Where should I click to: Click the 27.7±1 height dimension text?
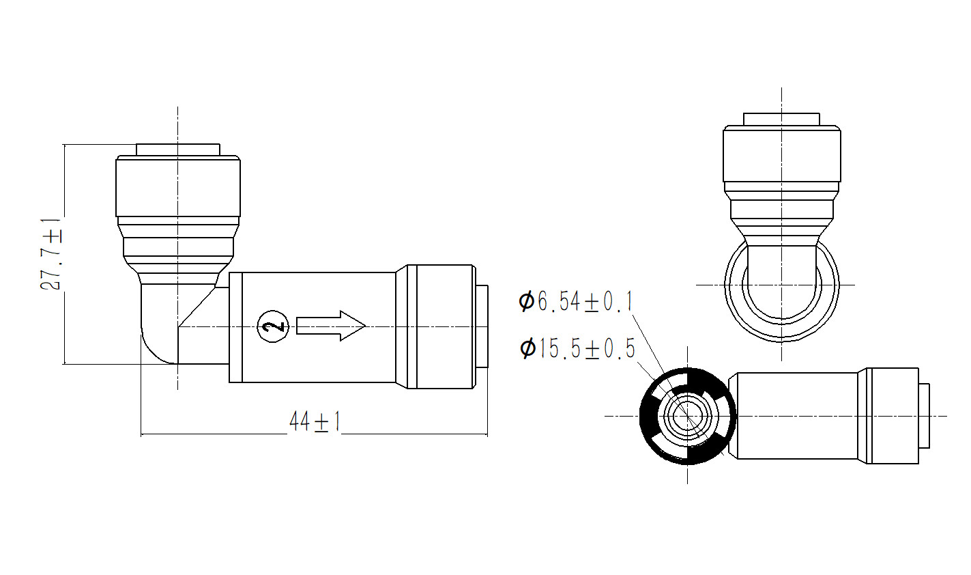coord(50,253)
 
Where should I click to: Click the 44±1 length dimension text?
coord(315,421)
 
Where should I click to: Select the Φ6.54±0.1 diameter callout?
coord(576,302)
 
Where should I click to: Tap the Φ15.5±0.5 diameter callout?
coord(577,348)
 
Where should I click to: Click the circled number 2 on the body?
coord(273,326)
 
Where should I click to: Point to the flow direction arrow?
coord(331,326)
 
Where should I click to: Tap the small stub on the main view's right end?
coord(482,326)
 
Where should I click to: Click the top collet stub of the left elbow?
coord(177,150)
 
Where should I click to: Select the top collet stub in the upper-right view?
coord(781,120)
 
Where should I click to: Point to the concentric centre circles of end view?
coord(688,416)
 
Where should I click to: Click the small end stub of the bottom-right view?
coord(924,416)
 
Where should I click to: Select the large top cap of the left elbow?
coord(177,186)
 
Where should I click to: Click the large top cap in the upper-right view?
coord(782,154)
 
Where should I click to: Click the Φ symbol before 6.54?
coord(526,302)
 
